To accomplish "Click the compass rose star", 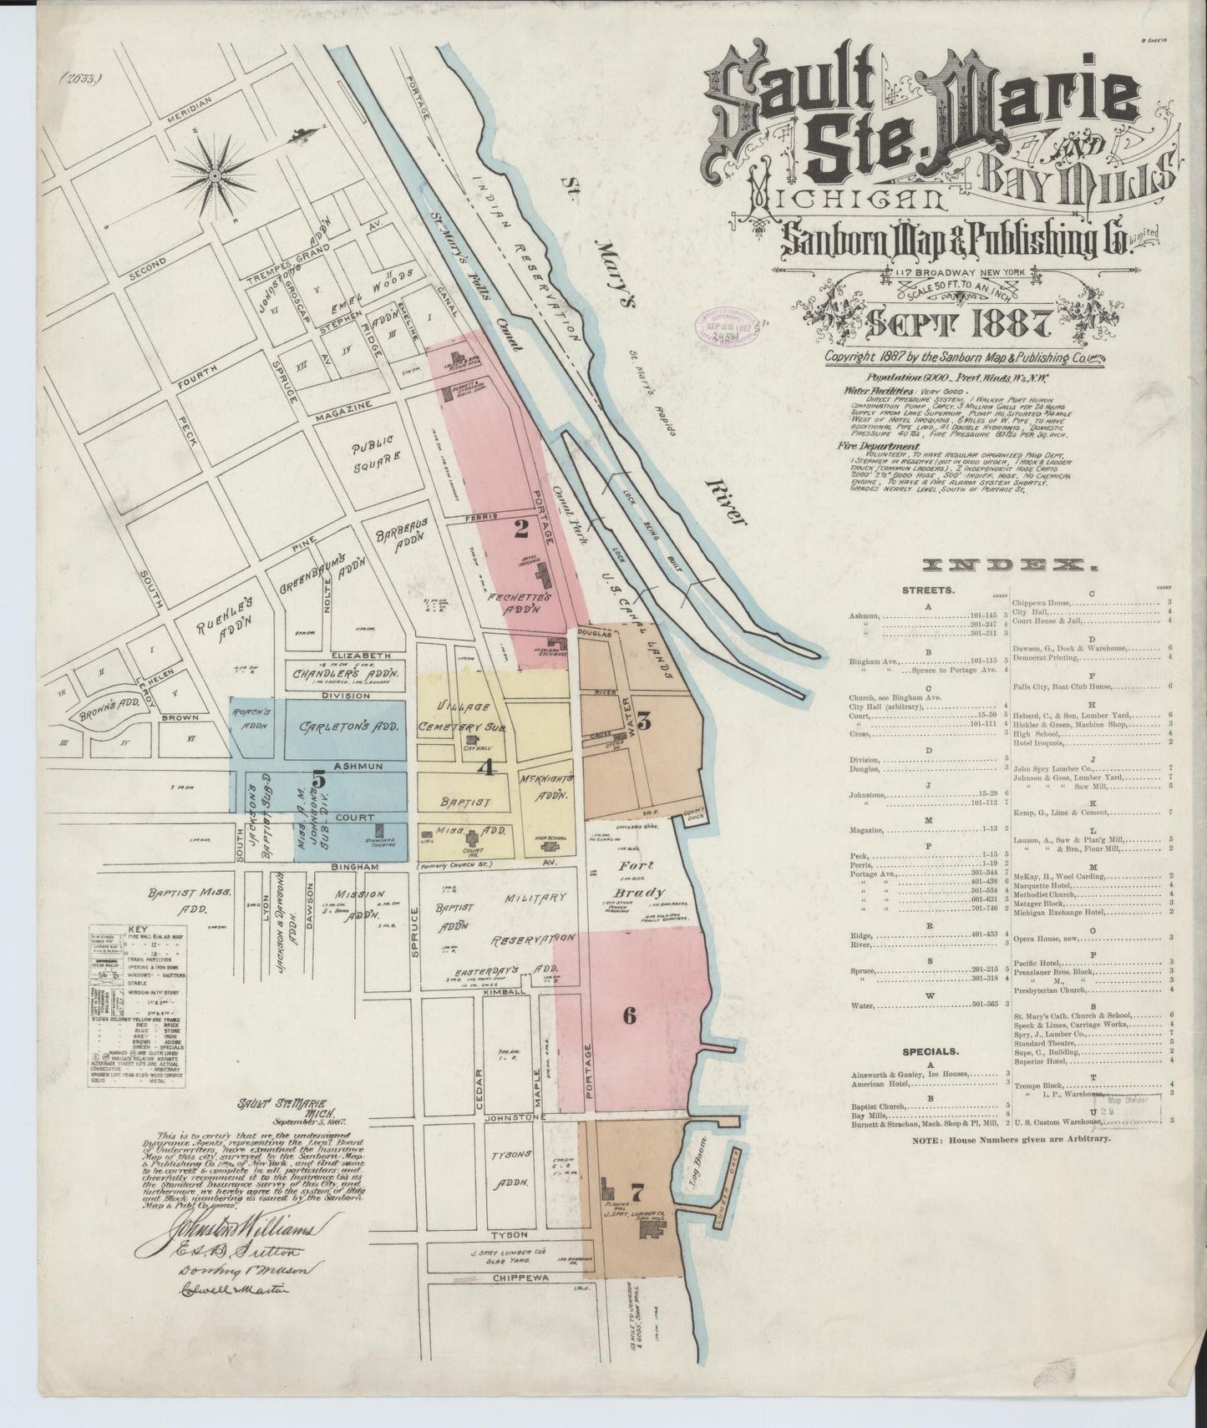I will [x=216, y=175].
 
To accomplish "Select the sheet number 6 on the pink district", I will [x=630, y=1015].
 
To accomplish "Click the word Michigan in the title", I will [x=844, y=198].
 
